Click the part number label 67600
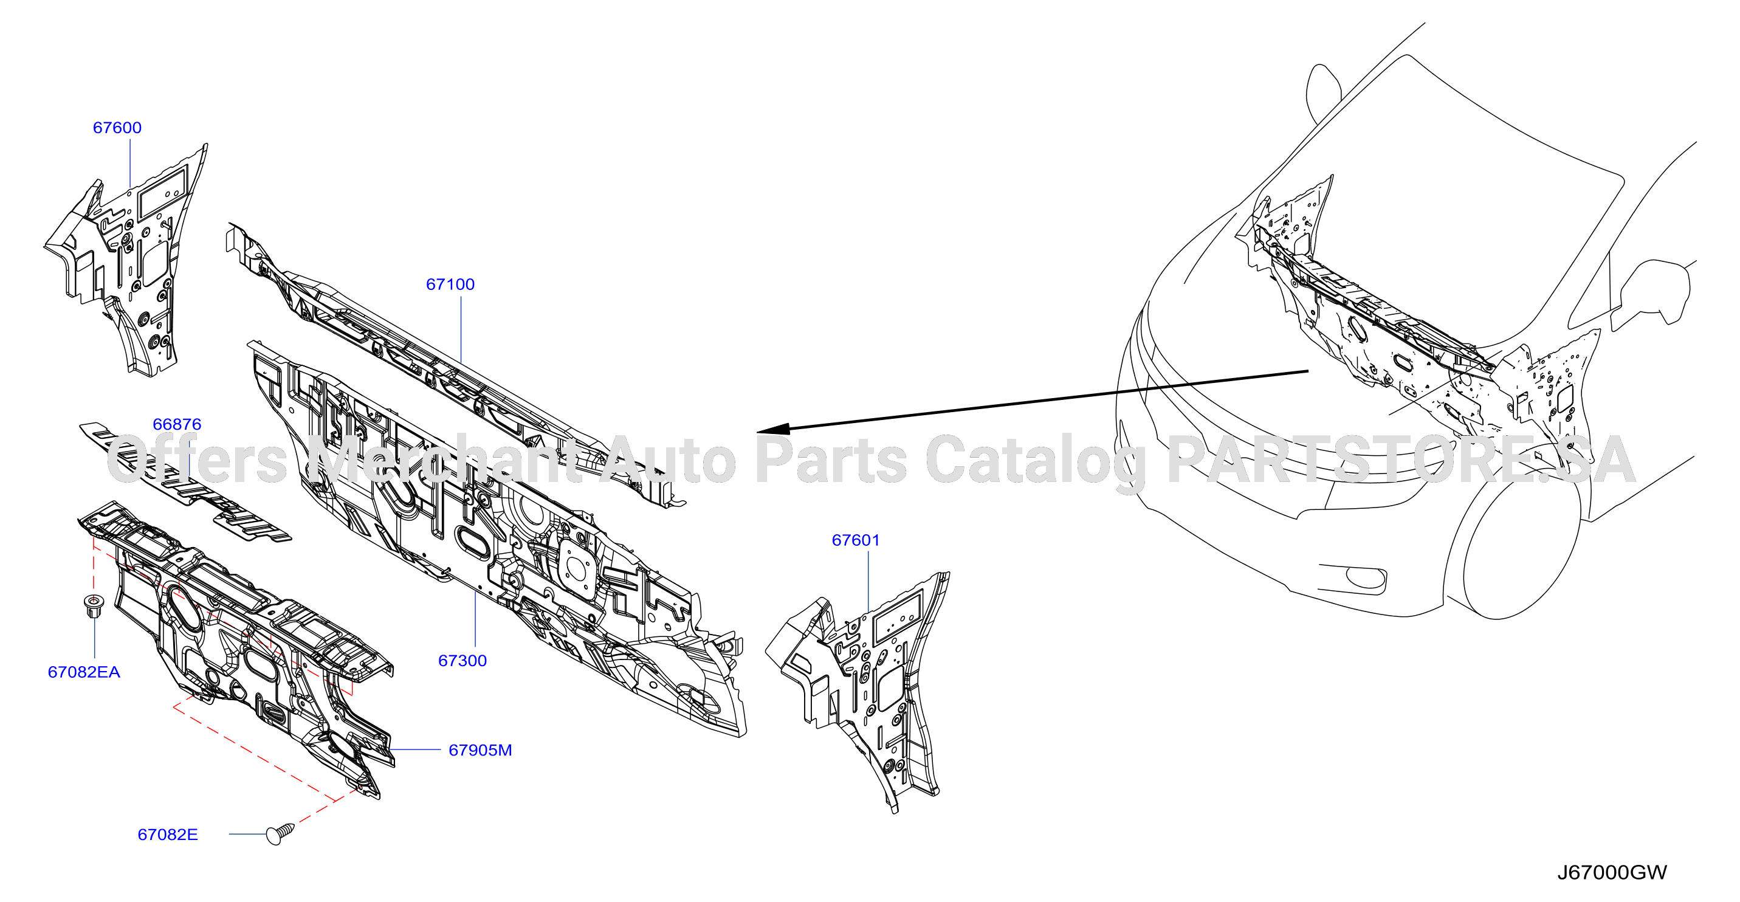click(x=117, y=128)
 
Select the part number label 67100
click(x=450, y=284)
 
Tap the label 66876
click(x=177, y=424)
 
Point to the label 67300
click(x=462, y=661)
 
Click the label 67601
click(x=856, y=540)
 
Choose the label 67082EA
click(x=84, y=672)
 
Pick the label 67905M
click(x=480, y=750)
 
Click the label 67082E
click(x=168, y=835)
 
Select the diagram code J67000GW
click(x=1612, y=872)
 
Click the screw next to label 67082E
click(x=280, y=833)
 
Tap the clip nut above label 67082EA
click(x=93, y=605)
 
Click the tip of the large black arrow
click(x=757, y=431)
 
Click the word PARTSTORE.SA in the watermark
click(x=1401, y=460)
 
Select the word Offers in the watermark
click(x=198, y=459)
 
